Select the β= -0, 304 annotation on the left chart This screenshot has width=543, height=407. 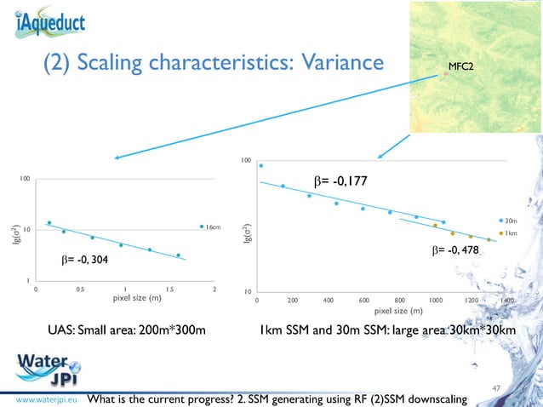click(x=85, y=259)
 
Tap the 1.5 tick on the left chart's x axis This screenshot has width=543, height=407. click(x=169, y=289)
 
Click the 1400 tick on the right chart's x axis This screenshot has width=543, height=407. click(x=506, y=301)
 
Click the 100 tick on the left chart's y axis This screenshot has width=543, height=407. click(x=26, y=178)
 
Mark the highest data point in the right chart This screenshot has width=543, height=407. click(x=261, y=166)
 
